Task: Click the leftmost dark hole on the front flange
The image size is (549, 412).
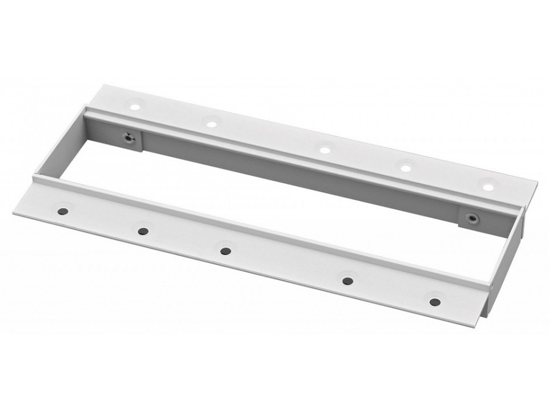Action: coord(62,211)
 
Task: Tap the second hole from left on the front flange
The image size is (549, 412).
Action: coord(143,231)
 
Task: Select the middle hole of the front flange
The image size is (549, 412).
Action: coord(226,251)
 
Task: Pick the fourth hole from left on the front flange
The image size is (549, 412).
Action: coord(348,281)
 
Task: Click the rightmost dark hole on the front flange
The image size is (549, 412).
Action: coord(434,302)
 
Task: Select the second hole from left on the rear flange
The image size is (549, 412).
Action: coord(212,123)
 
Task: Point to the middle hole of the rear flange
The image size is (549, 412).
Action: coord(324,148)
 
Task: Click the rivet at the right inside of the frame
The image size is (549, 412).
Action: coord(471,217)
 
